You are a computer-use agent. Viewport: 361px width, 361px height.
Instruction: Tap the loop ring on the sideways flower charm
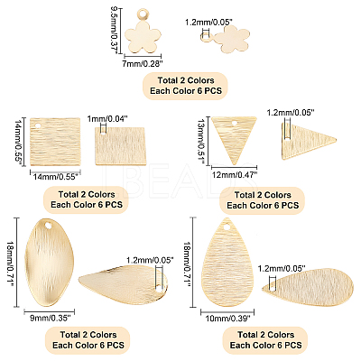pos(206,38)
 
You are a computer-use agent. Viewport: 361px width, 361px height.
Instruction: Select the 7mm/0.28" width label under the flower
pos(142,63)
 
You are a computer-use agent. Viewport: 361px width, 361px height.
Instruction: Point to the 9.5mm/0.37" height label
pos(115,31)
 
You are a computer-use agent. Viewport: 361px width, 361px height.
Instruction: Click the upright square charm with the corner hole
pos(56,142)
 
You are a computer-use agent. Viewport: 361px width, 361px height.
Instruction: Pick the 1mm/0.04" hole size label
pos(107,119)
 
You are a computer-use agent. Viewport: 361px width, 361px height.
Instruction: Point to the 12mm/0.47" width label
pos(236,174)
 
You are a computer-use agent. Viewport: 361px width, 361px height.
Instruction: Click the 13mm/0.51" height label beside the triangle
pos(204,141)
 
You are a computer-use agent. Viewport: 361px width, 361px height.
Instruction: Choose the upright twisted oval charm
pos(49,263)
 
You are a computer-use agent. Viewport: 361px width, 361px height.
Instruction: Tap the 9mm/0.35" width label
pos(49,317)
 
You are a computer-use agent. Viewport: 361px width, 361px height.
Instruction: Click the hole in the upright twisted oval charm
pos(48,225)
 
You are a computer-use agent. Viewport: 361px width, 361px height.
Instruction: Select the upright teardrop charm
pos(227,262)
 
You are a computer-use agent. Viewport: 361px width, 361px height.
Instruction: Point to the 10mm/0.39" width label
pos(227,319)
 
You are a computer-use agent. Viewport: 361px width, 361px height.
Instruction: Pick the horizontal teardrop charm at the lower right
pos(308,287)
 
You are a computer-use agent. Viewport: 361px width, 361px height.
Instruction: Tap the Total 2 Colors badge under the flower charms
pos(185,86)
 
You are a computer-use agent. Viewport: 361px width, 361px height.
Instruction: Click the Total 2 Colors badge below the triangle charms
pos(262,200)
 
